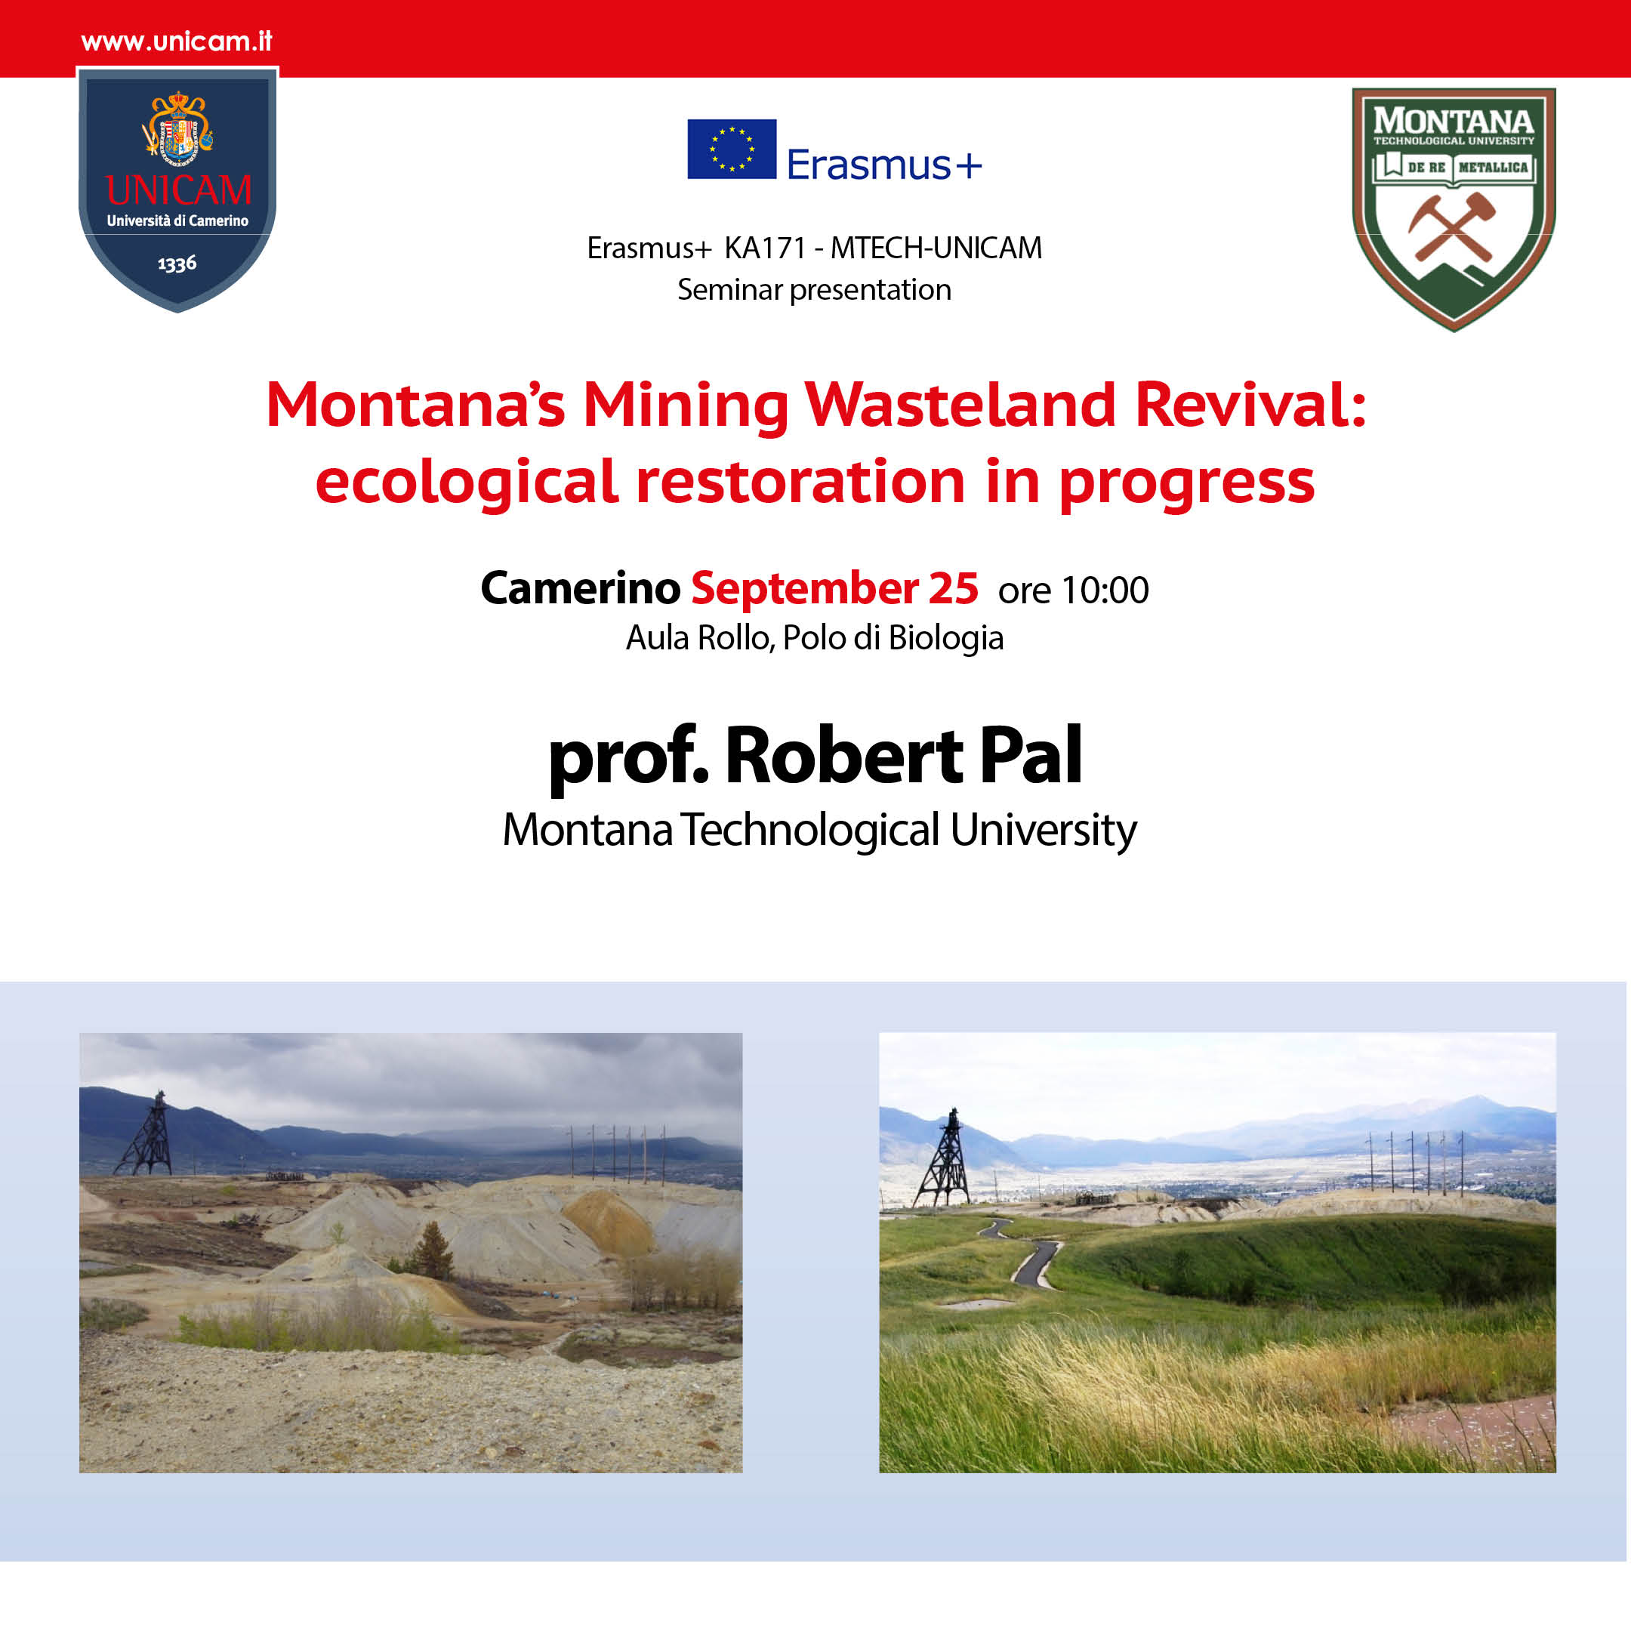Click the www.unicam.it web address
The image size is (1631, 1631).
click(177, 42)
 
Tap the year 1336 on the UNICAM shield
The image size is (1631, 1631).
click(177, 264)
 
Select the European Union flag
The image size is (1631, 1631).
click(732, 150)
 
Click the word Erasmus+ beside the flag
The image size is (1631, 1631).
click(885, 164)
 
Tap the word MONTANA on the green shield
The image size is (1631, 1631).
click(1454, 121)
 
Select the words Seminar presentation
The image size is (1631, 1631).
click(815, 289)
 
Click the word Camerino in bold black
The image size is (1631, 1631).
click(581, 587)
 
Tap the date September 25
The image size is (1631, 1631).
click(835, 587)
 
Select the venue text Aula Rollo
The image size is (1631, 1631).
click(699, 637)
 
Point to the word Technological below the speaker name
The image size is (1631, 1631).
click(811, 830)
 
